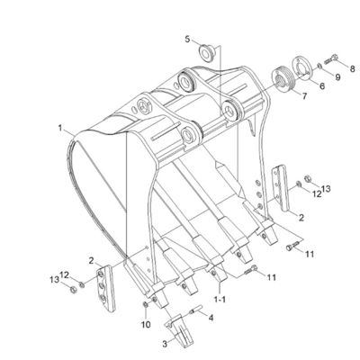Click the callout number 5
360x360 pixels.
click(187, 39)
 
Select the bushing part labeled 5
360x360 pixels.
click(206, 52)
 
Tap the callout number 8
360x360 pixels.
click(352, 68)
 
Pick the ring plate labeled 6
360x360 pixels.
click(301, 67)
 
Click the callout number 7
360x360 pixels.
click(304, 96)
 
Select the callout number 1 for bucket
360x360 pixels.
click(60, 129)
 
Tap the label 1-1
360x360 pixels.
click(220, 299)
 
